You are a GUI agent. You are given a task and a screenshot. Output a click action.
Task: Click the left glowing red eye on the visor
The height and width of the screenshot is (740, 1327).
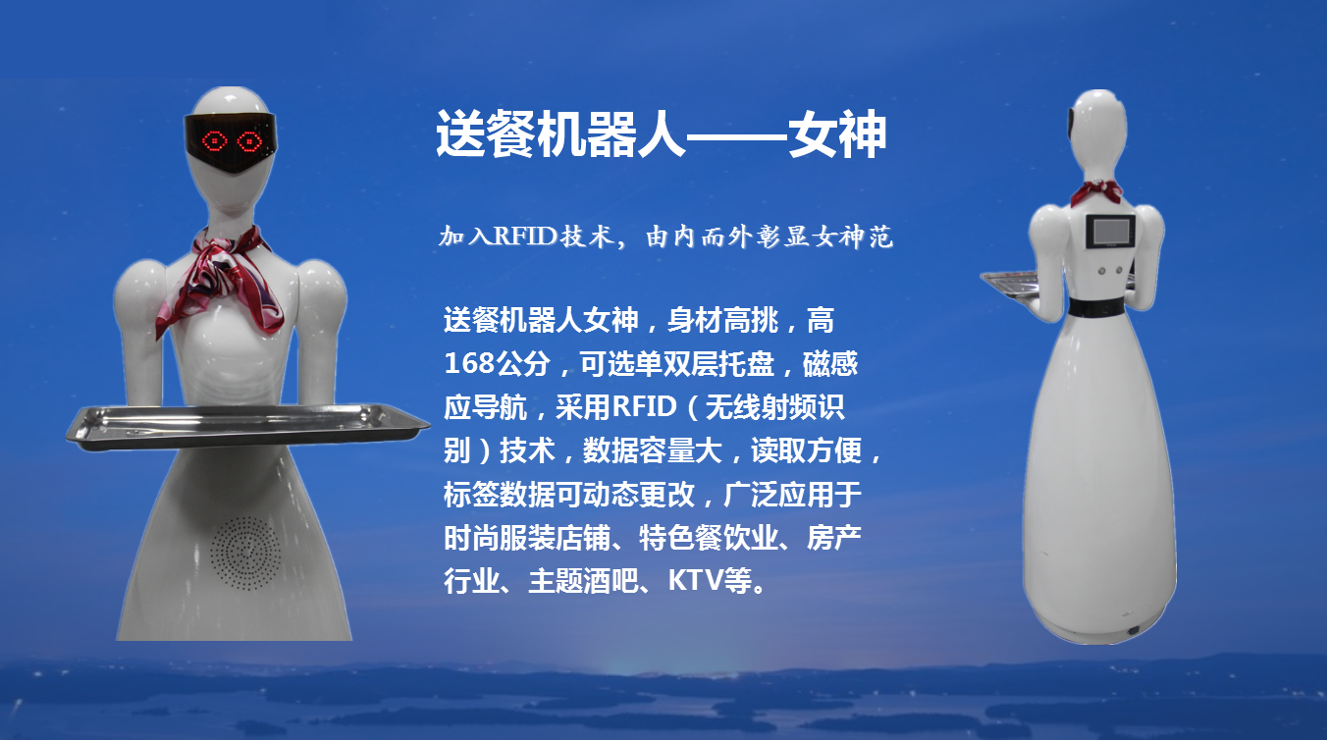[x=214, y=141]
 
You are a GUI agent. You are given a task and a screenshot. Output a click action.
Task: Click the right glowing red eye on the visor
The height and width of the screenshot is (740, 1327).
[x=250, y=141]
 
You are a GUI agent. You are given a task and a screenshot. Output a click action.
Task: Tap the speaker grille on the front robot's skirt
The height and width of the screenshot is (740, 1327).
[x=245, y=554]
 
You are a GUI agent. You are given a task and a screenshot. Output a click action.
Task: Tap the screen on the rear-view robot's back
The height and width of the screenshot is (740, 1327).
[x=1110, y=231]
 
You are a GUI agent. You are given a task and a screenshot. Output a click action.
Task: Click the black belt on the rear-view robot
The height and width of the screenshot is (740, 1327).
[x=1096, y=306]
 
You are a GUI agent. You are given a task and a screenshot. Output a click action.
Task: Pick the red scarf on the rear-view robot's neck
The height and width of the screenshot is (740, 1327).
[x=1096, y=193]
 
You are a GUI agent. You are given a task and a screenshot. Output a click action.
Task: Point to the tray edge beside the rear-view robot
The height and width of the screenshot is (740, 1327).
[x=1007, y=282]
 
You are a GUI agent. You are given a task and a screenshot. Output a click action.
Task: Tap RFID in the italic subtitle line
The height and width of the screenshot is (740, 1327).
[x=525, y=237]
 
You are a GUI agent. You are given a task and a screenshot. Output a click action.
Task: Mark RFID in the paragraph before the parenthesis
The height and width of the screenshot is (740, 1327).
[x=644, y=406]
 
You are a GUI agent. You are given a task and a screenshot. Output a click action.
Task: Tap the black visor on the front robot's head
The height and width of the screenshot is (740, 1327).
[x=231, y=142]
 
